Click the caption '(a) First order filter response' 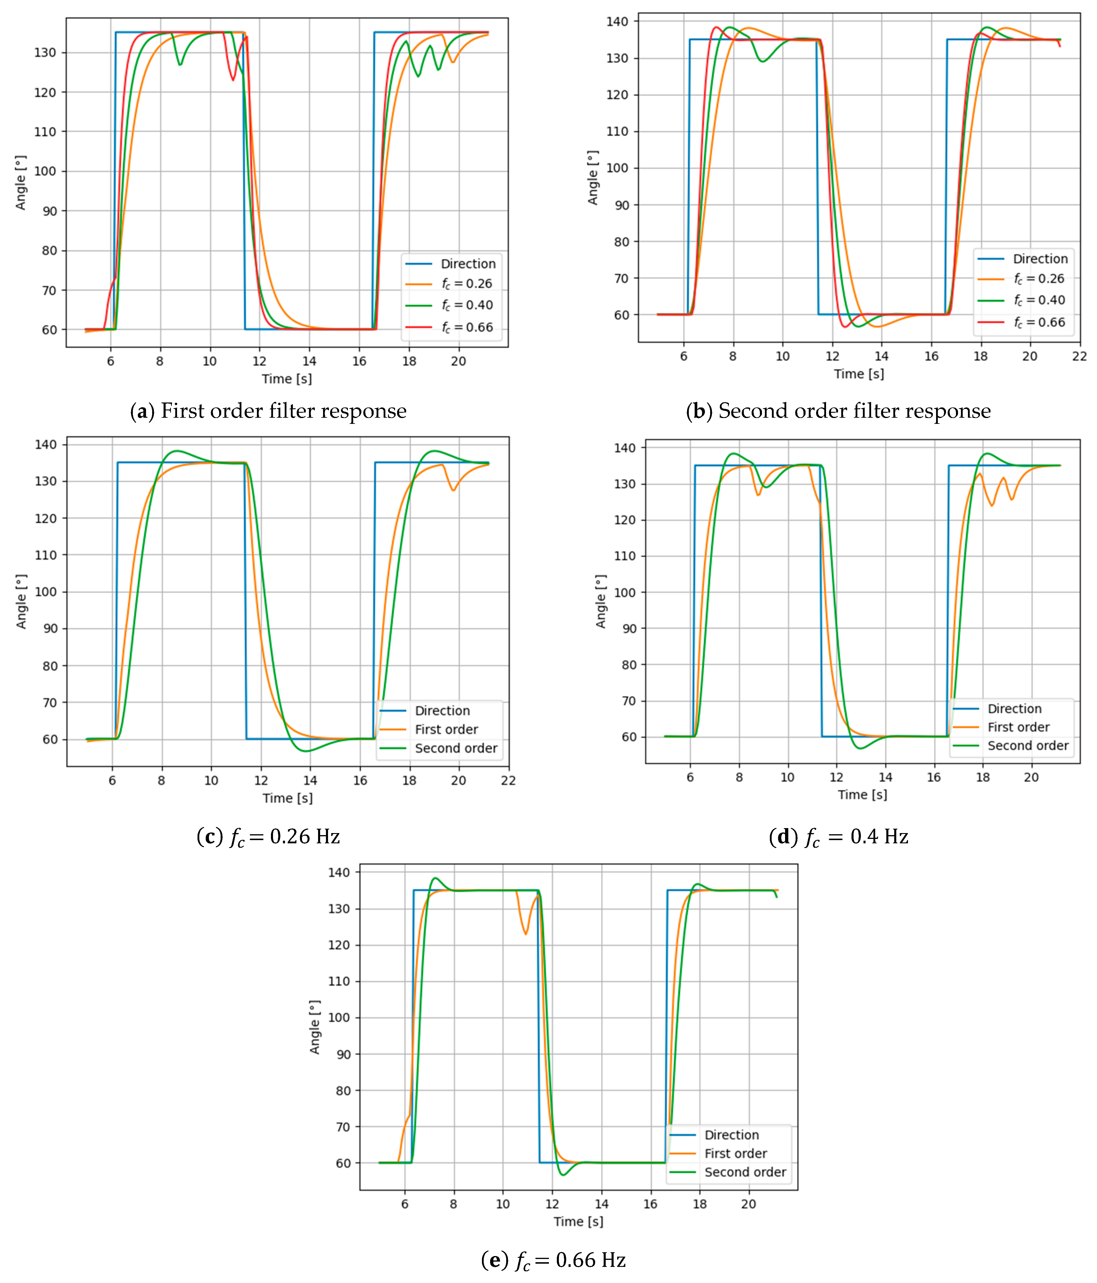[269, 411]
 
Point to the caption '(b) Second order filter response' [838, 411]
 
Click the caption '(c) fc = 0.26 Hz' [269, 837]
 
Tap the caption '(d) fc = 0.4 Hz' [838, 837]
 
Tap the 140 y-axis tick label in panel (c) [45, 445]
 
